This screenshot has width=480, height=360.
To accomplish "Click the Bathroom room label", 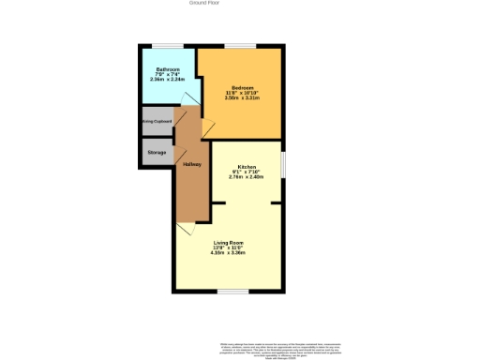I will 168,68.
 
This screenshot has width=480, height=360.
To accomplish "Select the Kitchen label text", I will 246,165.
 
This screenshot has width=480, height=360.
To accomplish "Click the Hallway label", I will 191,165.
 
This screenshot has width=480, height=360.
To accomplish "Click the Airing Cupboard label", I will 156,121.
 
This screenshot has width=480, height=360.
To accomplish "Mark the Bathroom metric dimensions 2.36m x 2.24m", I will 168,80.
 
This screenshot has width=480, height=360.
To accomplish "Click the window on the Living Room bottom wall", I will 230,292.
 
